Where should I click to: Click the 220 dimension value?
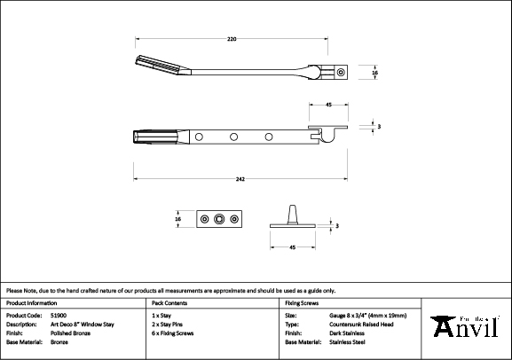(x=232, y=39)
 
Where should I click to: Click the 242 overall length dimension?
(x=240, y=179)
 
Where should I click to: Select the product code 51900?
(x=59, y=316)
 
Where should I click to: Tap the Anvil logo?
(x=465, y=325)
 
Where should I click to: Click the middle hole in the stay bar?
(x=233, y=137)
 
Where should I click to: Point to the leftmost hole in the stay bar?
(x=199, y=137)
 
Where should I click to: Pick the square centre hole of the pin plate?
(x=219, y=219)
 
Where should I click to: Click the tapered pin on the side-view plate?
(x=292, y=215)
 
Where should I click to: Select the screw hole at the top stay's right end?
(x=341, y=72)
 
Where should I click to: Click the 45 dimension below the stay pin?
(x=292, y=247)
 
